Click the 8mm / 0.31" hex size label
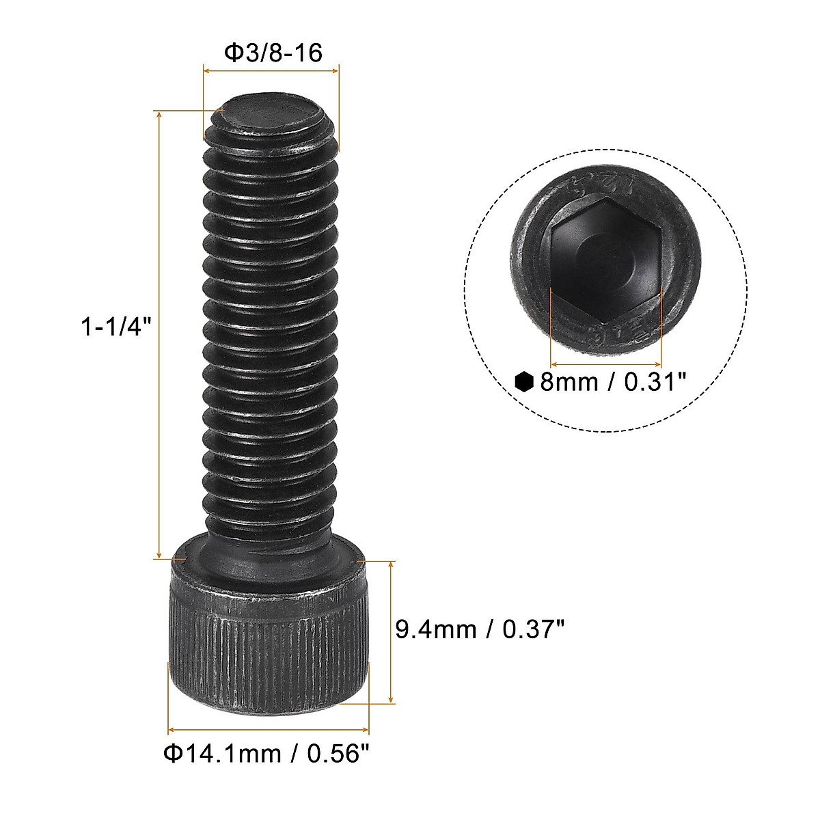(612, 381)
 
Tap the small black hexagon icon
(524, 381)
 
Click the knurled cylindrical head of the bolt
(269, 649)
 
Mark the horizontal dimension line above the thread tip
(271, 69)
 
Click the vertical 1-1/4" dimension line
(159, 335)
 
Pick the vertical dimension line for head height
(391, 632)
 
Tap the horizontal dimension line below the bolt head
(269, 729)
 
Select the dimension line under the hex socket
(606, 364)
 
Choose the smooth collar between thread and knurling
(269, 564)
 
